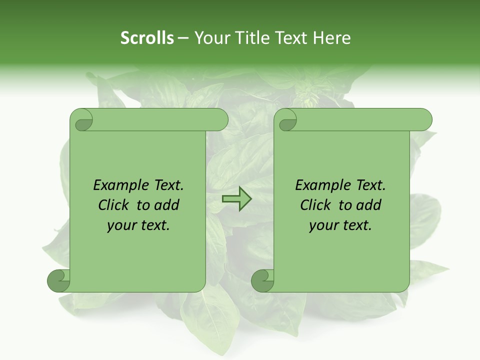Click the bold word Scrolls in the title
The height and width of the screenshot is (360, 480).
147,38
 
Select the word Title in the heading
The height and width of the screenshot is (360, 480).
253,38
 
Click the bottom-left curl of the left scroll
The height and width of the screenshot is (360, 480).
59,280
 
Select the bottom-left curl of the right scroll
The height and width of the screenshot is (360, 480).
263,280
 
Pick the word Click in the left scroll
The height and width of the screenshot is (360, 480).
115,205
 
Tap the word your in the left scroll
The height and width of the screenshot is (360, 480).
121,226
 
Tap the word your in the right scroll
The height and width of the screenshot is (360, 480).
323,226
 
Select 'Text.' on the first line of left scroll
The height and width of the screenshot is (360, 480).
168,185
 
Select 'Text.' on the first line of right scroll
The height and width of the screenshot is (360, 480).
370,185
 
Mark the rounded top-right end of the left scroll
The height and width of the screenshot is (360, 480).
220,120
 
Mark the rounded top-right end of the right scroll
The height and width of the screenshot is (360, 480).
424,120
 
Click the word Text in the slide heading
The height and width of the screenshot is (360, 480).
292,38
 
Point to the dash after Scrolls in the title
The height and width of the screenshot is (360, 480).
183,38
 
